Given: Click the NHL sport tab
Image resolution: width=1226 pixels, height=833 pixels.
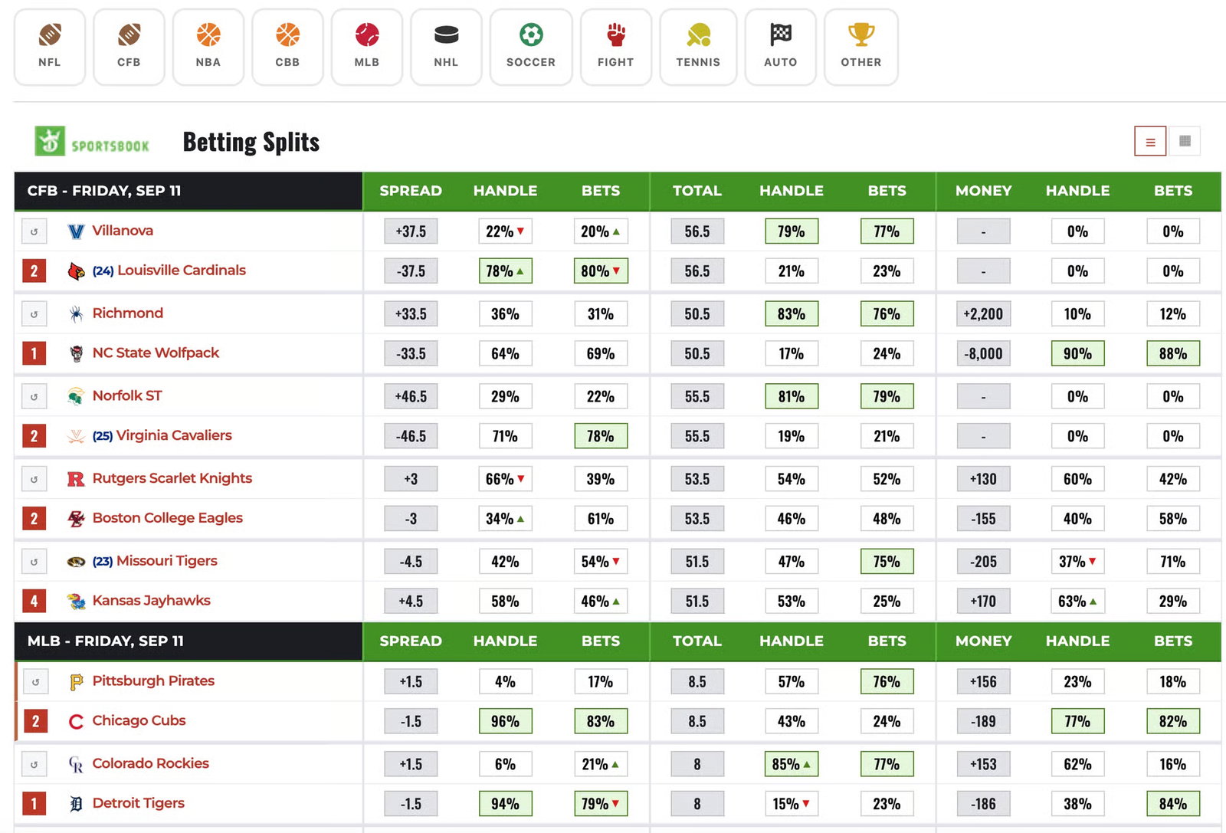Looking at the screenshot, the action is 446,47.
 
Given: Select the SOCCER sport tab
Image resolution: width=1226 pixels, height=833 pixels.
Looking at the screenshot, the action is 531,47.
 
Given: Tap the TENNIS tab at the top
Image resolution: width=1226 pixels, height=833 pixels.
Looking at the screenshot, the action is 698,47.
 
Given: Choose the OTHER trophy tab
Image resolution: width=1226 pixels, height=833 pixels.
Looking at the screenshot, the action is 861,47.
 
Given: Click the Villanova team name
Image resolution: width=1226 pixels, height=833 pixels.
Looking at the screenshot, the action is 123,231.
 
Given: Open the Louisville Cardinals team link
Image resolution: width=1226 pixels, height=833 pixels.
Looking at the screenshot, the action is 181,271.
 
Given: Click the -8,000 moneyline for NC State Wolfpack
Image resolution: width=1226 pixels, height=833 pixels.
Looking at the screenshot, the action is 983,353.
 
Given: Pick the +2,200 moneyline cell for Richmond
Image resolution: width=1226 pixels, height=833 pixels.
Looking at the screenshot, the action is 983,313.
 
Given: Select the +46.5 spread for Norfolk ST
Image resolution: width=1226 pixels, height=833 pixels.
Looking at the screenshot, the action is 411,396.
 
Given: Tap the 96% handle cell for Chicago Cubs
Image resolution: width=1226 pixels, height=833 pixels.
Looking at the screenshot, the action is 505,721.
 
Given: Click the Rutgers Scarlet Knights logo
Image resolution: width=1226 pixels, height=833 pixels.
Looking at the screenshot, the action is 76,479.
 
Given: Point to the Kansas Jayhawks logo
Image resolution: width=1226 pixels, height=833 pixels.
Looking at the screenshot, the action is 76,601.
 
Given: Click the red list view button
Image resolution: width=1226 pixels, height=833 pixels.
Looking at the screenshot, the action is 1150,142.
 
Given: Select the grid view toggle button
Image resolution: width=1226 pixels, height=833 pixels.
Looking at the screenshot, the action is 1185,141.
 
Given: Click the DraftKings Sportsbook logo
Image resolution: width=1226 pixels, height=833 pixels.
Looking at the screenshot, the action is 92,141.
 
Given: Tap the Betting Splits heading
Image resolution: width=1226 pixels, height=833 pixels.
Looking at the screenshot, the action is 251,142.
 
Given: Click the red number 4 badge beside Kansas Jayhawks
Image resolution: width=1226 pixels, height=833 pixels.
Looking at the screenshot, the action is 34,601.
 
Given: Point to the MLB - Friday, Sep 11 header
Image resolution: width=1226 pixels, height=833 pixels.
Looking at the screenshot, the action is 105,641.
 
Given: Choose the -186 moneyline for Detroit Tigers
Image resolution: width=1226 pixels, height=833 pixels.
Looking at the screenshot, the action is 983,804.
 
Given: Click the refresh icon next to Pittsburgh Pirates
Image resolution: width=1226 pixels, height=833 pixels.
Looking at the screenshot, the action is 35,682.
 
